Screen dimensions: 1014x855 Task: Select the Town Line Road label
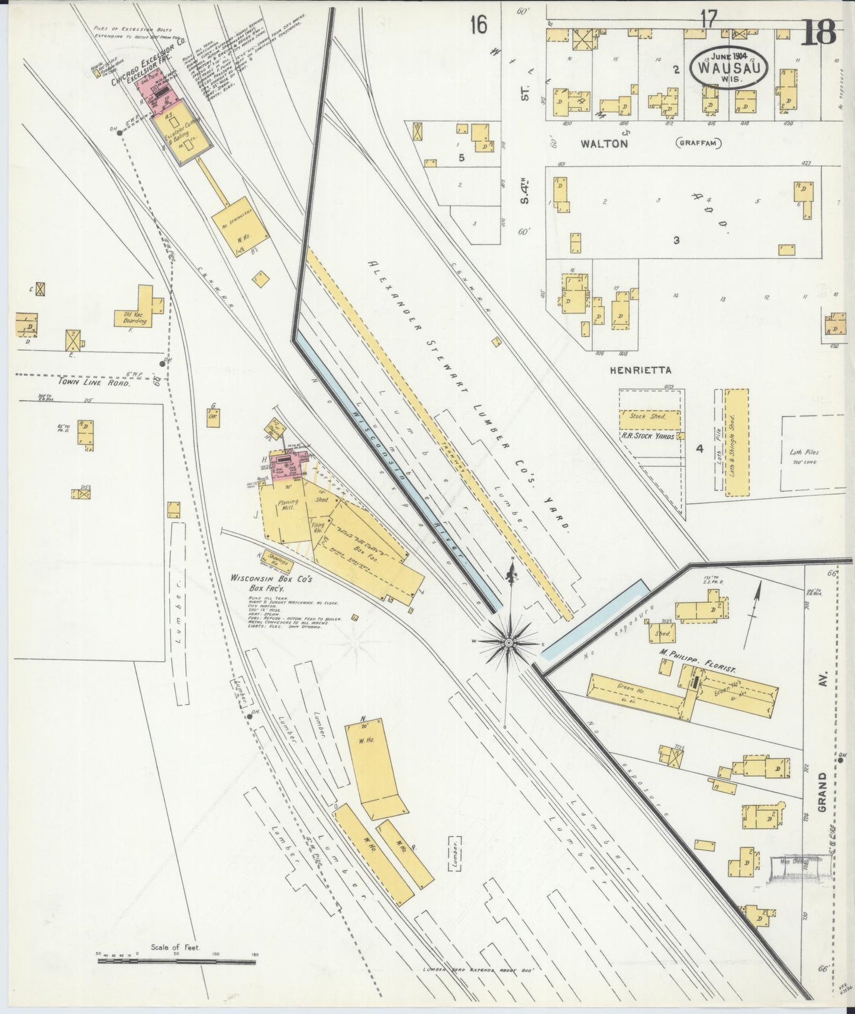click(x=93, y=383)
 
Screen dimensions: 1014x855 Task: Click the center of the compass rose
click(x=509, y=641)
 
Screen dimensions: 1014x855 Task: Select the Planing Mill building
click(x=287, y=509)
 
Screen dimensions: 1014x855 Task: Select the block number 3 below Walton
click(x=676, y=240)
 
